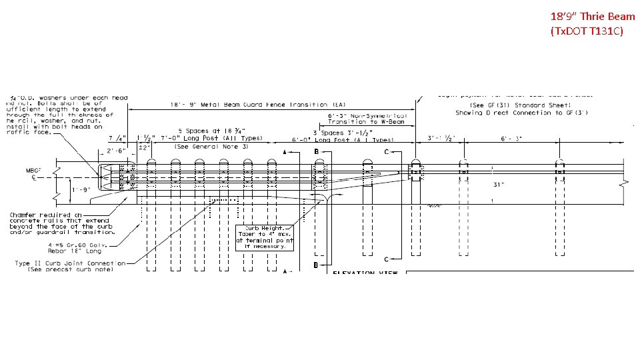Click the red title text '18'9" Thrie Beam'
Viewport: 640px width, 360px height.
tap(593, 16)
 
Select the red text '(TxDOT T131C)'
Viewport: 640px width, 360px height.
tap(587, 31)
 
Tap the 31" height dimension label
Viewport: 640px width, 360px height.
tap(498, 185)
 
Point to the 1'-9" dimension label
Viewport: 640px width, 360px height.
tap(81, 189)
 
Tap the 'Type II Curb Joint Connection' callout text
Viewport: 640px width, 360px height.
tap(70, 263)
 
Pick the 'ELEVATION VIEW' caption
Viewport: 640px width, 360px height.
tap(365, 273)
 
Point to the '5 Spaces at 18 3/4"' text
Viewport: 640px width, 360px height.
tap(211, 131)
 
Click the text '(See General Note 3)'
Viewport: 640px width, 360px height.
tap(211, 146)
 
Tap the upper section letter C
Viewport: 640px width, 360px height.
tap(387, 152)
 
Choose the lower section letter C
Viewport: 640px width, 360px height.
tap(387, 259)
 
